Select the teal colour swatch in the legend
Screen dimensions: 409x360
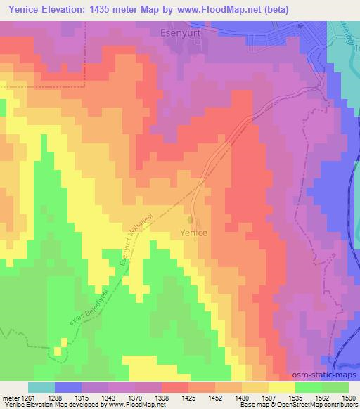41,387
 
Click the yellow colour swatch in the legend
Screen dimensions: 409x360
281,387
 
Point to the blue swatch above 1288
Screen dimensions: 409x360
68,387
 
